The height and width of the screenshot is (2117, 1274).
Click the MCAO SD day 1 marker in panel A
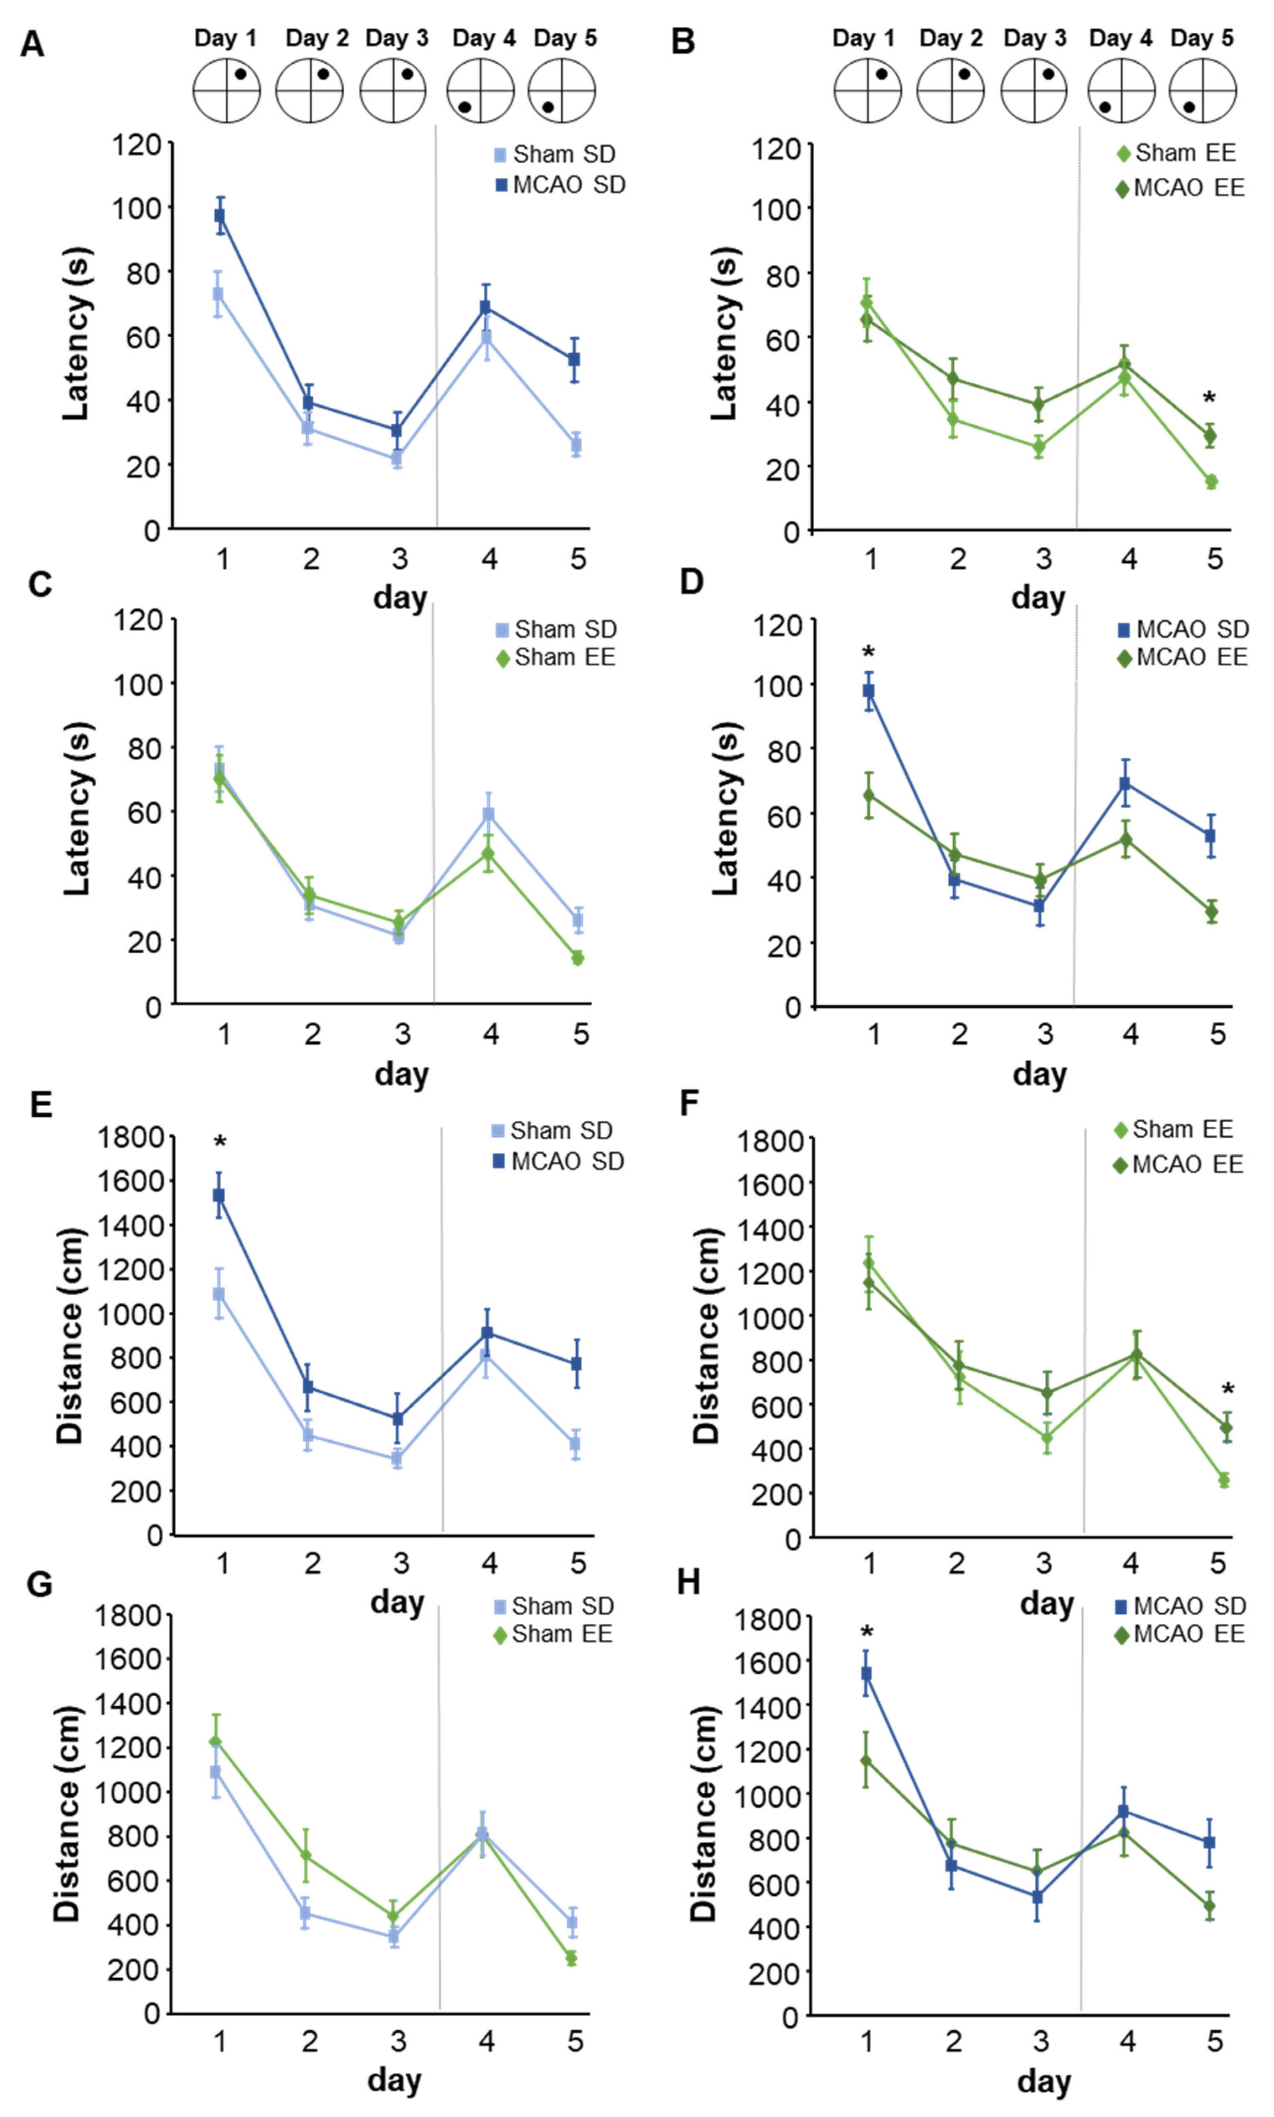click(220, 215)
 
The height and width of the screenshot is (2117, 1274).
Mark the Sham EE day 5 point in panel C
click(578, 958)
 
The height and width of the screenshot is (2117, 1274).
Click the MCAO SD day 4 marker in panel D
click(1124, 783)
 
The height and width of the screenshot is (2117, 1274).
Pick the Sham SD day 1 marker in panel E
click(219, 1294)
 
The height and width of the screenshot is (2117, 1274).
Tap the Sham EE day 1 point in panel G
click(216, 1742)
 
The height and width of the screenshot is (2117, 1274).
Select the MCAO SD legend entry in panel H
click(1181, 1606)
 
